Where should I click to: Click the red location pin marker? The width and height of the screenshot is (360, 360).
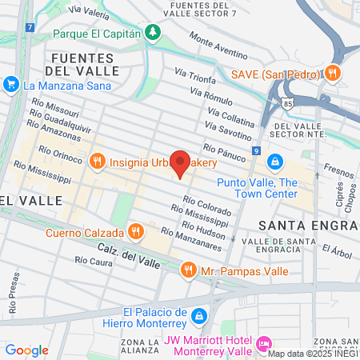pyautogui.click(x=181, y=162)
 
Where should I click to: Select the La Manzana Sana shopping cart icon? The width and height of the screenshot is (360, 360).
pyautogui.click(x=11, y=83)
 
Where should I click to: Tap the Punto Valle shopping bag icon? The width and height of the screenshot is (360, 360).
pyautogui.click(x=274, y=162)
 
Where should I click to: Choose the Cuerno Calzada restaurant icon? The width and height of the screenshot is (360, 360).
pyautogui.click(x=136, y=233)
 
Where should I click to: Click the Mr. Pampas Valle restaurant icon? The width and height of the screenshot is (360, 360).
pyautogui.click(x=189, y=270)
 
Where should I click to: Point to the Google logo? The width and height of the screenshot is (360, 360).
pyautogui.click(x=26, y=350)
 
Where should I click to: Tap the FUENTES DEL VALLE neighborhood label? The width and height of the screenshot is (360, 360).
pyautogui.click(x=84, y=64)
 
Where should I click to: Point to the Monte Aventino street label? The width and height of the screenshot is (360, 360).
pyautogui.click(x=221, y=46)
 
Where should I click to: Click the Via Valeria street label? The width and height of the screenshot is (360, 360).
pyautogui.click(x=88, y=10)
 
